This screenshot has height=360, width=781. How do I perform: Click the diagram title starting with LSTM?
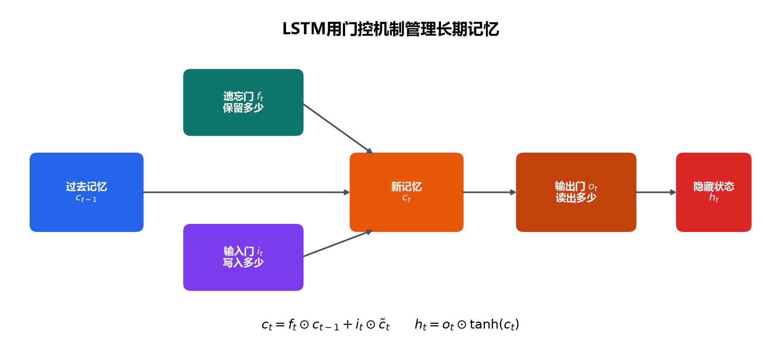(x=390, y=29)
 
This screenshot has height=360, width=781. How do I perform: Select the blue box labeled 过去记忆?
(x=87, y=192)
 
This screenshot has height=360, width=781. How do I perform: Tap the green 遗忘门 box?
(x=243, y=102)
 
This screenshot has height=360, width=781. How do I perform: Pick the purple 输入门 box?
(x=243, y=257)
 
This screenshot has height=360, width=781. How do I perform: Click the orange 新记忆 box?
(x=407, y=192)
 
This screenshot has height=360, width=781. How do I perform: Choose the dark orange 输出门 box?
(x=576, y=192)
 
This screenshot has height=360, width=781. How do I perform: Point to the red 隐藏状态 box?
(x=714, y=192)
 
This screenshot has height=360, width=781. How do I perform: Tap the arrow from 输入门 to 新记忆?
(x=337, y=244)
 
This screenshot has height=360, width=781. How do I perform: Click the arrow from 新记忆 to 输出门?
(x=490, y=192)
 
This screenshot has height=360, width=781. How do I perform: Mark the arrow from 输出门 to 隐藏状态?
(x=656, y=192)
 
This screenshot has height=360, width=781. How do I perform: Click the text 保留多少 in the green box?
(x=243, y=108)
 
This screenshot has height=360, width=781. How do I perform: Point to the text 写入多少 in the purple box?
(x=243, y=263)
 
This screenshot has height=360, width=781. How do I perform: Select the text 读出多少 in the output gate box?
(x=576, y=198)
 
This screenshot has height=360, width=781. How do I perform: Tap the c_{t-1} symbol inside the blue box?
(x=86, y=199)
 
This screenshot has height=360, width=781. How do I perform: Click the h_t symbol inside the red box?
(x=714, y=198)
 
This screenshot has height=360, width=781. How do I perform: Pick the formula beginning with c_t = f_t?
(x=326, y=325)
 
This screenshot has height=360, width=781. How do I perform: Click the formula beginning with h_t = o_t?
(x=467, y=325)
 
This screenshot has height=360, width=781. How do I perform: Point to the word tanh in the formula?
(x=484, y=324)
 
